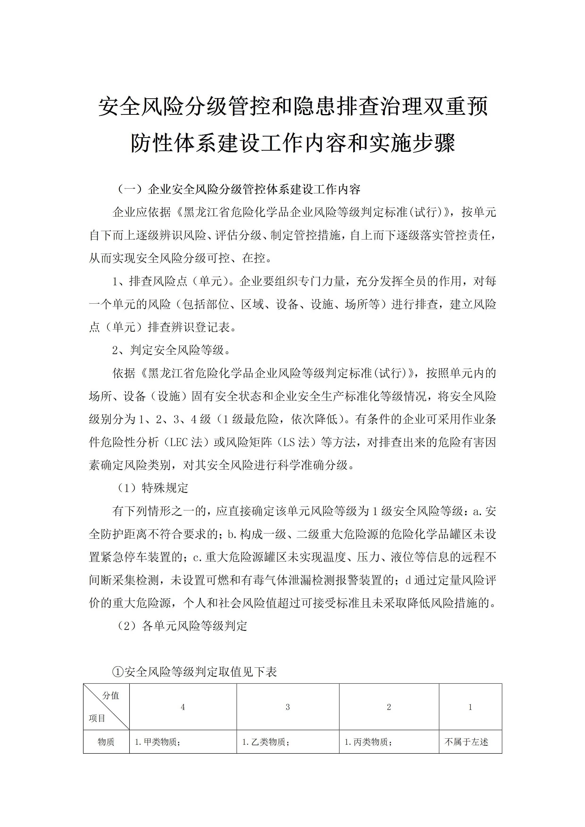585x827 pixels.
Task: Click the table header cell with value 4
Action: click(183, 707)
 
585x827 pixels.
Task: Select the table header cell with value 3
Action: click(288, 707)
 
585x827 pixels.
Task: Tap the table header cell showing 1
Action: click(470, 707)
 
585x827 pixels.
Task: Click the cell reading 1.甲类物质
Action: click(158, 742)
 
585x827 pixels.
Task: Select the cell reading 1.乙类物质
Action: click(266, 742)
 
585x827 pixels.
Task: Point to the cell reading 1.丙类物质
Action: click(368, 742)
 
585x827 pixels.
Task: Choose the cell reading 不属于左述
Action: click(466, 742)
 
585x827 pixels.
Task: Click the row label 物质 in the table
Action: click(106, 742)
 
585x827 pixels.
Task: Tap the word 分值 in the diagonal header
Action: click(111, 695)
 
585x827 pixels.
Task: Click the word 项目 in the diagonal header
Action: click(97, 719)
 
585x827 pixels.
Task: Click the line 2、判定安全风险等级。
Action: click(171, 350)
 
